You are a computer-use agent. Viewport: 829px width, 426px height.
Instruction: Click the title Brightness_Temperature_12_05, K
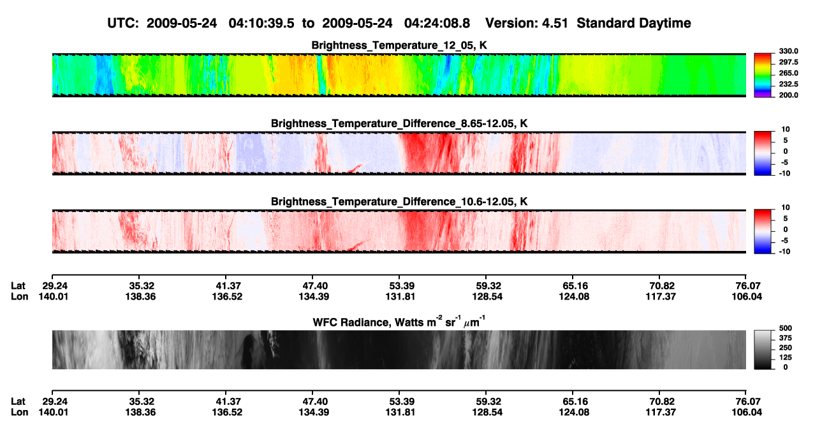tap(399, 45)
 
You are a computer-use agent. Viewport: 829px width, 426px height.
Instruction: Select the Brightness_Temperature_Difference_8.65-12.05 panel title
tap(399, 123)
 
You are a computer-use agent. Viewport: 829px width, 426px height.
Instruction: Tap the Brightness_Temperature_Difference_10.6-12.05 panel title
tap(399, 202)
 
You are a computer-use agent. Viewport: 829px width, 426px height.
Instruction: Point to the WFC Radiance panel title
tap(399, 322)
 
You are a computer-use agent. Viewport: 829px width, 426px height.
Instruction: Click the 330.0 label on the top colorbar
tap(788, 51)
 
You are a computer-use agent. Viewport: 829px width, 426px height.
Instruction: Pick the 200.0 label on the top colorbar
tap(788, 95)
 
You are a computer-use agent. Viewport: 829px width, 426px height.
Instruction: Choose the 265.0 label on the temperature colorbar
tap(788, 73)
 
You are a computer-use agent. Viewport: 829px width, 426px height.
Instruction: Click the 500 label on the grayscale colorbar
tap(786, 328)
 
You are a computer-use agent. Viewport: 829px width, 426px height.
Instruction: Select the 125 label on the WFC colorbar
tap(786, 358)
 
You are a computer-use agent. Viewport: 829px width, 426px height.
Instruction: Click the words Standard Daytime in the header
tap(634, 23)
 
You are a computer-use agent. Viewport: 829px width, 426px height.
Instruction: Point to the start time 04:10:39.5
tap(261, 23)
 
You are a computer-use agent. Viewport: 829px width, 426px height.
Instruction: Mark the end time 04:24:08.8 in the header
tap(437, 23)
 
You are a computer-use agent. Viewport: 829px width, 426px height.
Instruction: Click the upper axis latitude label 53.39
tap(400, 286)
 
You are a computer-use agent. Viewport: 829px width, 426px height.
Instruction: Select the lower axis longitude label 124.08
tap(574, 413)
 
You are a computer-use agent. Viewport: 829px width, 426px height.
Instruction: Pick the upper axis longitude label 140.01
tap(54, 296)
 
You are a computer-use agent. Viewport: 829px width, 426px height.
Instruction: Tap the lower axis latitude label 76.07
tap(747, 402)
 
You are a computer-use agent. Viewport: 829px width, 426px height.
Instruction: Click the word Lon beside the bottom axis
tap(19, 413)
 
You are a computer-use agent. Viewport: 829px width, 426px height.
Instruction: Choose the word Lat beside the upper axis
tap(18, 286)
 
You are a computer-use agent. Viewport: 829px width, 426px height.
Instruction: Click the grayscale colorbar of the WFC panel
tap(763, 349)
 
